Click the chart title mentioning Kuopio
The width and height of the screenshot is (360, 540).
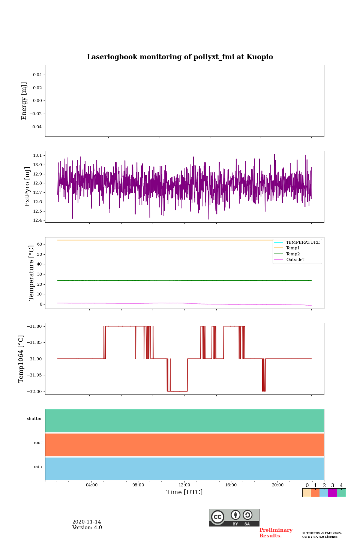180,57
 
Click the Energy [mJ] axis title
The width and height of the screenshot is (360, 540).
24,101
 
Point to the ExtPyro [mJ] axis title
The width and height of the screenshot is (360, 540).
27,187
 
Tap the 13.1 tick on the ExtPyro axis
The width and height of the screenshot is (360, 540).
37,155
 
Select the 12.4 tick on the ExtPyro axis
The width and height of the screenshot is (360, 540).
37,220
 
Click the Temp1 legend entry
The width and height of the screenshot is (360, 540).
293,248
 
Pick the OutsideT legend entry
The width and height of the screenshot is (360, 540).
295,259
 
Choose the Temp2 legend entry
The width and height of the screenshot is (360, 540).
293,254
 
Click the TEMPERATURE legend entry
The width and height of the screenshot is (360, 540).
303,242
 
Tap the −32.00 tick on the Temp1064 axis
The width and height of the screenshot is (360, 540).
34,391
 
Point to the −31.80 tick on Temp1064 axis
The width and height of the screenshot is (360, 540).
34,326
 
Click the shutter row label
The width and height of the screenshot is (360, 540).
34,419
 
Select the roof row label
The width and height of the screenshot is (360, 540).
38,443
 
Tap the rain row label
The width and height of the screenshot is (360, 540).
38,467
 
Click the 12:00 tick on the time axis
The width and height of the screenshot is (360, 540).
184,485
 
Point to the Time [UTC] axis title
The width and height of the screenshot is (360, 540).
184,492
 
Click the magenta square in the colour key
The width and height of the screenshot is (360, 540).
332,493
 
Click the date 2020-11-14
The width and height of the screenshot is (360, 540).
87,522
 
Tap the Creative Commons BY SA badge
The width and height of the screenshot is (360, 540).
234,517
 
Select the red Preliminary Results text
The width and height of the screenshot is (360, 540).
276,533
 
